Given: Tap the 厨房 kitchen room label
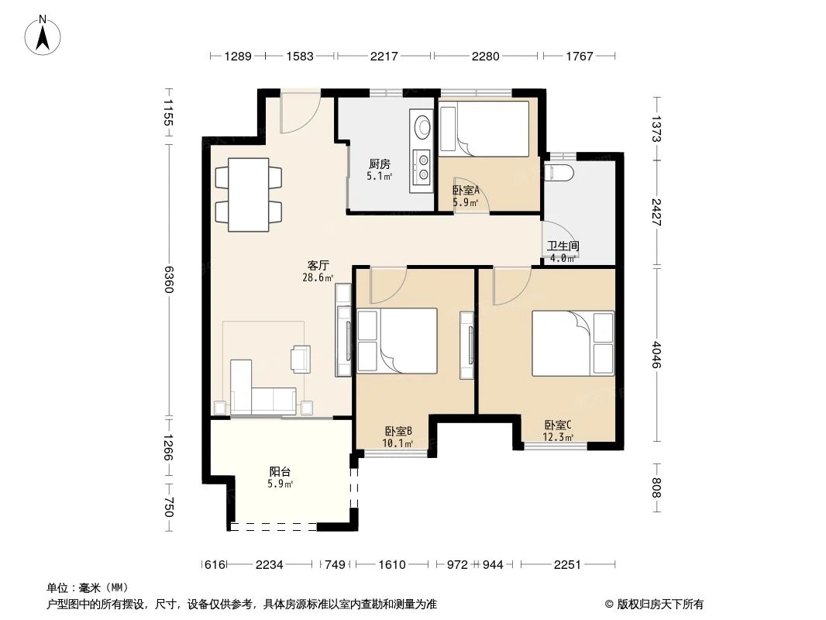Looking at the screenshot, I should click(x=379, y=164).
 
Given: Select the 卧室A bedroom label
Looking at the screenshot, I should click(x=466, y=190).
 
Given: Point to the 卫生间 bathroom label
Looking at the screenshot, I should click(x=563, y=246).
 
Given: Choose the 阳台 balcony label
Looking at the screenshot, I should click(x=280, y=471).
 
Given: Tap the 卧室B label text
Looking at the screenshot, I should click(x=398, y=432).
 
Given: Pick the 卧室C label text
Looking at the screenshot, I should click(x=558, y=425).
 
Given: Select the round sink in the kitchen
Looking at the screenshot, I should click(x=422, y=126).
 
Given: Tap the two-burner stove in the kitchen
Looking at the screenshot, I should click(x=422, y=167).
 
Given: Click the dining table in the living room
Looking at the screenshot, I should click(x=248, y=195).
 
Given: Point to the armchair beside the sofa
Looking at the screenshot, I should click(x=301, y=358).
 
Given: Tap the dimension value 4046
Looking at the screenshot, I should click(x=657, y=356).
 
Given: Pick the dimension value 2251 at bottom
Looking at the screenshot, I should click(x=567, y=565).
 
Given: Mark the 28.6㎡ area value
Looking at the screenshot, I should click(x=318, y=277).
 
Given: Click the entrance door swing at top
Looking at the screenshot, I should click(x=301, y=115).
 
